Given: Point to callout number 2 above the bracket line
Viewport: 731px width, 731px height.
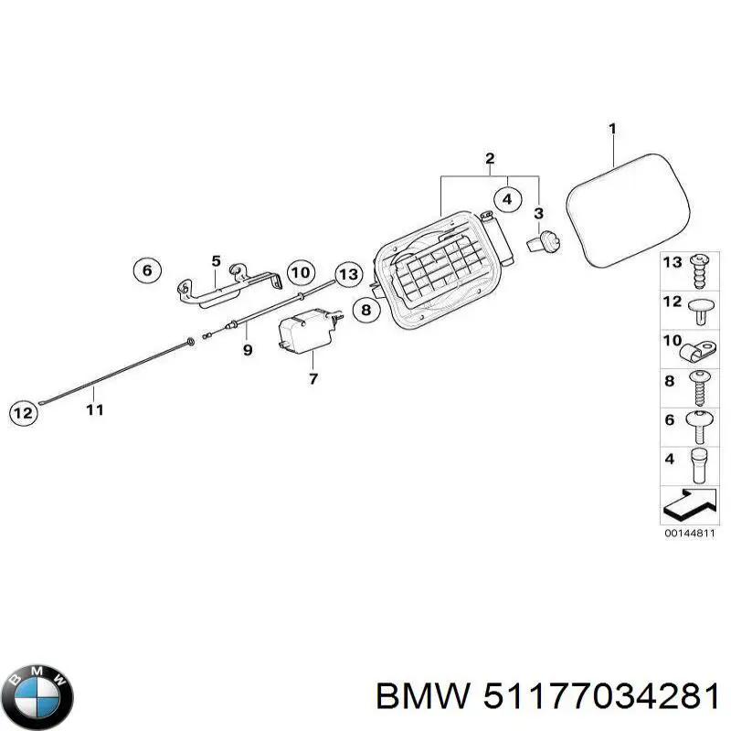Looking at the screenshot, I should point(490,160).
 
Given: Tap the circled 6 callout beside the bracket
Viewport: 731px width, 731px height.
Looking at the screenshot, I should point(146,270).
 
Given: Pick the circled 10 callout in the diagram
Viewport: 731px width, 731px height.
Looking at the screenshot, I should point(300,272).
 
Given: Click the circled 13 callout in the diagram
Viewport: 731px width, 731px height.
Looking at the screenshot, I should point(347,273).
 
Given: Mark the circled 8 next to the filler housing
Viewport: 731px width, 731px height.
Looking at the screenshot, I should point(365,311).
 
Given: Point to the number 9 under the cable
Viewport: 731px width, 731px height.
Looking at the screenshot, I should point(247,350).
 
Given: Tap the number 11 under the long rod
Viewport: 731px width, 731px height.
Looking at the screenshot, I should point(94,409).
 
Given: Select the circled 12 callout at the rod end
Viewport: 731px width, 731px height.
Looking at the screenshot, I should point(26,413).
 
